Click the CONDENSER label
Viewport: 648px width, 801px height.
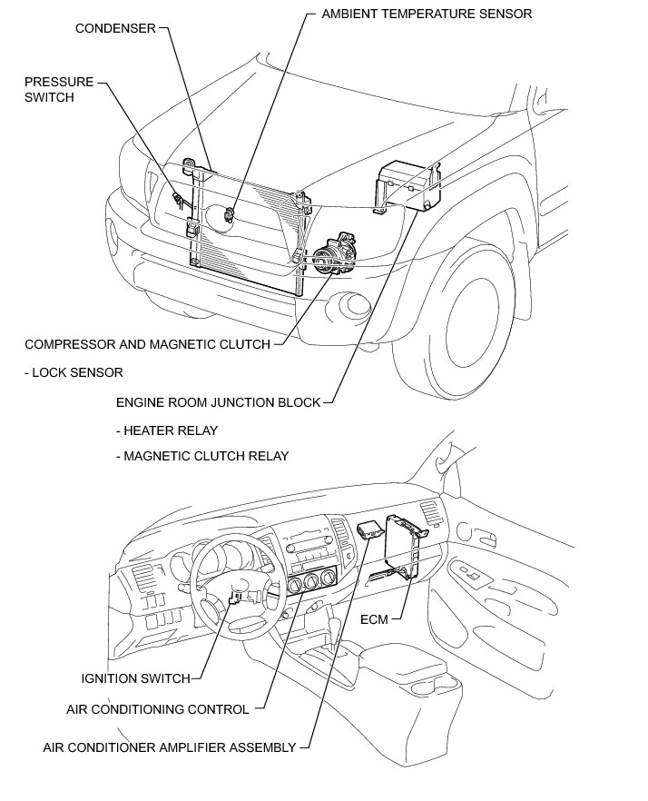[116, 28]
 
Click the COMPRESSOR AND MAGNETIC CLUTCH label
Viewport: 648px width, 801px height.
[147, 344]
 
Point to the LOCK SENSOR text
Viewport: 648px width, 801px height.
[74, 372]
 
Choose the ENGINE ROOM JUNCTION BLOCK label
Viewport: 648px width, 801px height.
[218, 402]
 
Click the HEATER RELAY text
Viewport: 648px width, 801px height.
[167, 430]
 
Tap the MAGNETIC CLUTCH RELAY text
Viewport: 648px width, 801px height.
[202, 456]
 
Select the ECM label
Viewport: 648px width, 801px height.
[373, 619]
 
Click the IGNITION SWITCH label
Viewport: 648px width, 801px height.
[135, 678]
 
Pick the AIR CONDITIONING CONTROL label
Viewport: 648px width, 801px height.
[157, 709]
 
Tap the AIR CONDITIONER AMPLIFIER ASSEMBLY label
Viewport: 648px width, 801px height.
[169, 748]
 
